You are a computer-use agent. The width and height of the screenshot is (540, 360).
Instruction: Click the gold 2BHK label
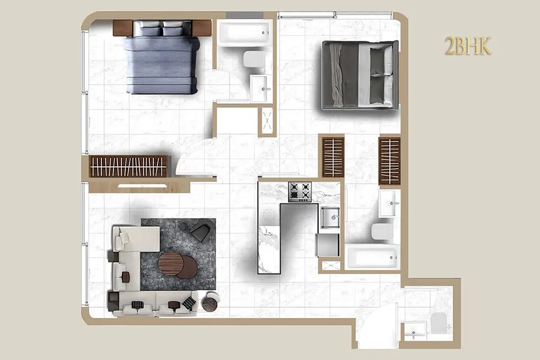point(467,46)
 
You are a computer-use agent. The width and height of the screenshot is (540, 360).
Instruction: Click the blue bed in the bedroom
point(162,57)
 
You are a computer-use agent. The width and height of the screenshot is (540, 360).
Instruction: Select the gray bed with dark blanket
point(360,75)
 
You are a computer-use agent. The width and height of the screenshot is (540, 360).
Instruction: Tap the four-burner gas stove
point(300,192)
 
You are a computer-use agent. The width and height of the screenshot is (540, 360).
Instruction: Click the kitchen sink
point(330,217)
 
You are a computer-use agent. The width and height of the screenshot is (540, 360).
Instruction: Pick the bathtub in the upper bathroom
point(245,33)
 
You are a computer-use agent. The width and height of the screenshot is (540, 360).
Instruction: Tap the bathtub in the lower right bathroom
point(373,257)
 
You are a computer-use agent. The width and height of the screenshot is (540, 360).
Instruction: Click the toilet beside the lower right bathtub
point(382,232)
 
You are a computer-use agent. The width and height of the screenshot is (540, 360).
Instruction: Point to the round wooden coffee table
point(171,263)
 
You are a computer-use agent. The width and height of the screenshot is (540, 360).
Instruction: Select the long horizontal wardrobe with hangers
point(128,166)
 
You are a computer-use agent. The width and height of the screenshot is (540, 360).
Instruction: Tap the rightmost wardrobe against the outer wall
point(389,161)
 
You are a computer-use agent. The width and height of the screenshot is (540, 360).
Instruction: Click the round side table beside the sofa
point(211,302)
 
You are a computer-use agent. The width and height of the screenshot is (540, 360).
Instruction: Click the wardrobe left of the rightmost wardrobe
point(333,157)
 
